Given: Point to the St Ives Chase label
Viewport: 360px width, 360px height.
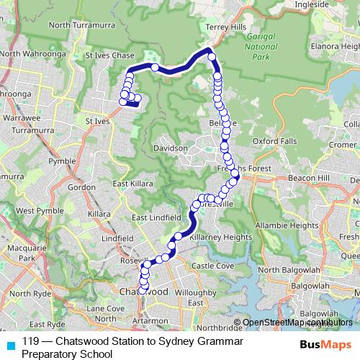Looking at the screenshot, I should click(x=109, y=55).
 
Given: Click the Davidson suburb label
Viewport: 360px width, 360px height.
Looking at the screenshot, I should click(x=170, y=148).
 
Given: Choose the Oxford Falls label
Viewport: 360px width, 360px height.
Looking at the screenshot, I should click(x=274, y=141).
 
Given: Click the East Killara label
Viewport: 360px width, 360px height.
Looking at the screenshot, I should click(x=130, y=184).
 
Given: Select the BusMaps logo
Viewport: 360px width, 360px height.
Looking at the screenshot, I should click(x=324, y=344).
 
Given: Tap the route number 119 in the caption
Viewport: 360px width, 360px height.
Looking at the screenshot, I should click(x=30, y=341).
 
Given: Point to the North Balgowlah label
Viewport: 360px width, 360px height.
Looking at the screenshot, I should click(x=288, y=270).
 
